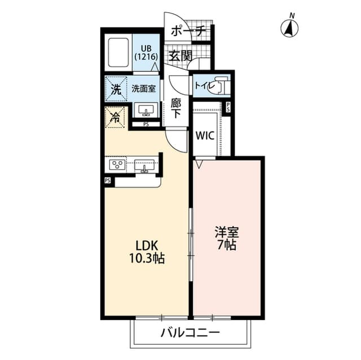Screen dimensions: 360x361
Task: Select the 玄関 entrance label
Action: pyautogui.click(x=180, y=55)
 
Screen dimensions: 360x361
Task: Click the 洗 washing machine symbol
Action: pyautogui.click(x=115, y=89)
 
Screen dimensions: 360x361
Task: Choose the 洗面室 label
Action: pyautogui.click(x=144, y=88)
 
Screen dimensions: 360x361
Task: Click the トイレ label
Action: pyautogui.click(x=203, y=86)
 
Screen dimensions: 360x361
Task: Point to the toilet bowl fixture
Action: pyautogui.click(x=220, y=86)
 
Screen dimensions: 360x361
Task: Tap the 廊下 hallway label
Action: pyautogui.click(x=176, y=108)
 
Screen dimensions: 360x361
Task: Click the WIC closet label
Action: pyautogui.click(x=204, y=135)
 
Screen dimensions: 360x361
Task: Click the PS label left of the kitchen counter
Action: pyautogui.click(x=107, y=181)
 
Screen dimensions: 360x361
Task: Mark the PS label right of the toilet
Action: pyautogui.click(x=228, y=107)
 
